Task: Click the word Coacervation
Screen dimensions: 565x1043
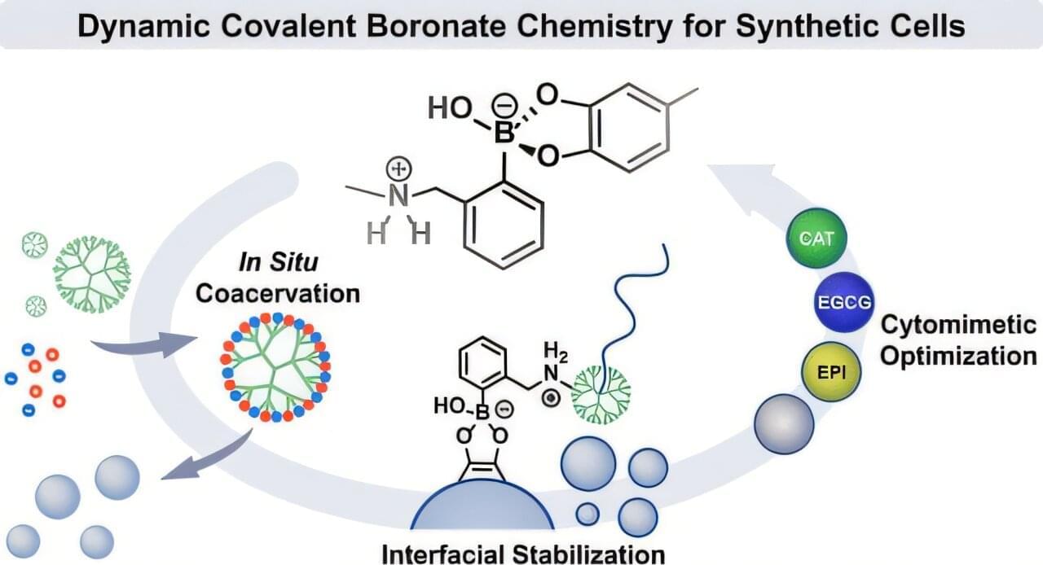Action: [278, 292]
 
